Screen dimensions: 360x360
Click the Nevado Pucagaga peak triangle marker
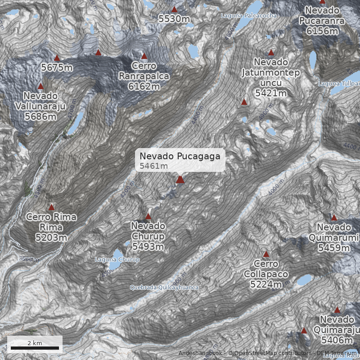pos(180,180)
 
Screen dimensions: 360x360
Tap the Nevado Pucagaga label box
pos(180,160)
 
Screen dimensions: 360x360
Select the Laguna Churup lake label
pos(117,260)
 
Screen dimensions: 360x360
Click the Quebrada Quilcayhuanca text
pos(164,287)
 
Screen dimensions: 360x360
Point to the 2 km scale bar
pos(35,347)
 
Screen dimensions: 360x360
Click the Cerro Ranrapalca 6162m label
pos(144,76)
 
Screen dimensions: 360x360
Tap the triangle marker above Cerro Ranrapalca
pos(144,56)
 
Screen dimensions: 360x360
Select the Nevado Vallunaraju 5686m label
pos(40,106)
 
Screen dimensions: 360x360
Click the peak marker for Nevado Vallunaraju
pos(40,86)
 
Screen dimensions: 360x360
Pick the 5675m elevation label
pos(57,67)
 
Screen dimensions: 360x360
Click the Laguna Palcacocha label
pos(248,16)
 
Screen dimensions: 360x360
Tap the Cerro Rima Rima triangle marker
pos(51,207)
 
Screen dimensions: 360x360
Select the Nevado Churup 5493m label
pos(148,236)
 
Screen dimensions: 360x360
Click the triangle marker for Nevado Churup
pos(148,216)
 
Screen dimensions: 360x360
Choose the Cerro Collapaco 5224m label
pos(266,274)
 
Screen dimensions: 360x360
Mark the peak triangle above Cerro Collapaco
pos(266,254)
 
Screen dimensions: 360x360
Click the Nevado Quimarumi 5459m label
pos(334,237)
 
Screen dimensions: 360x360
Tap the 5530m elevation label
pos(174,19)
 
